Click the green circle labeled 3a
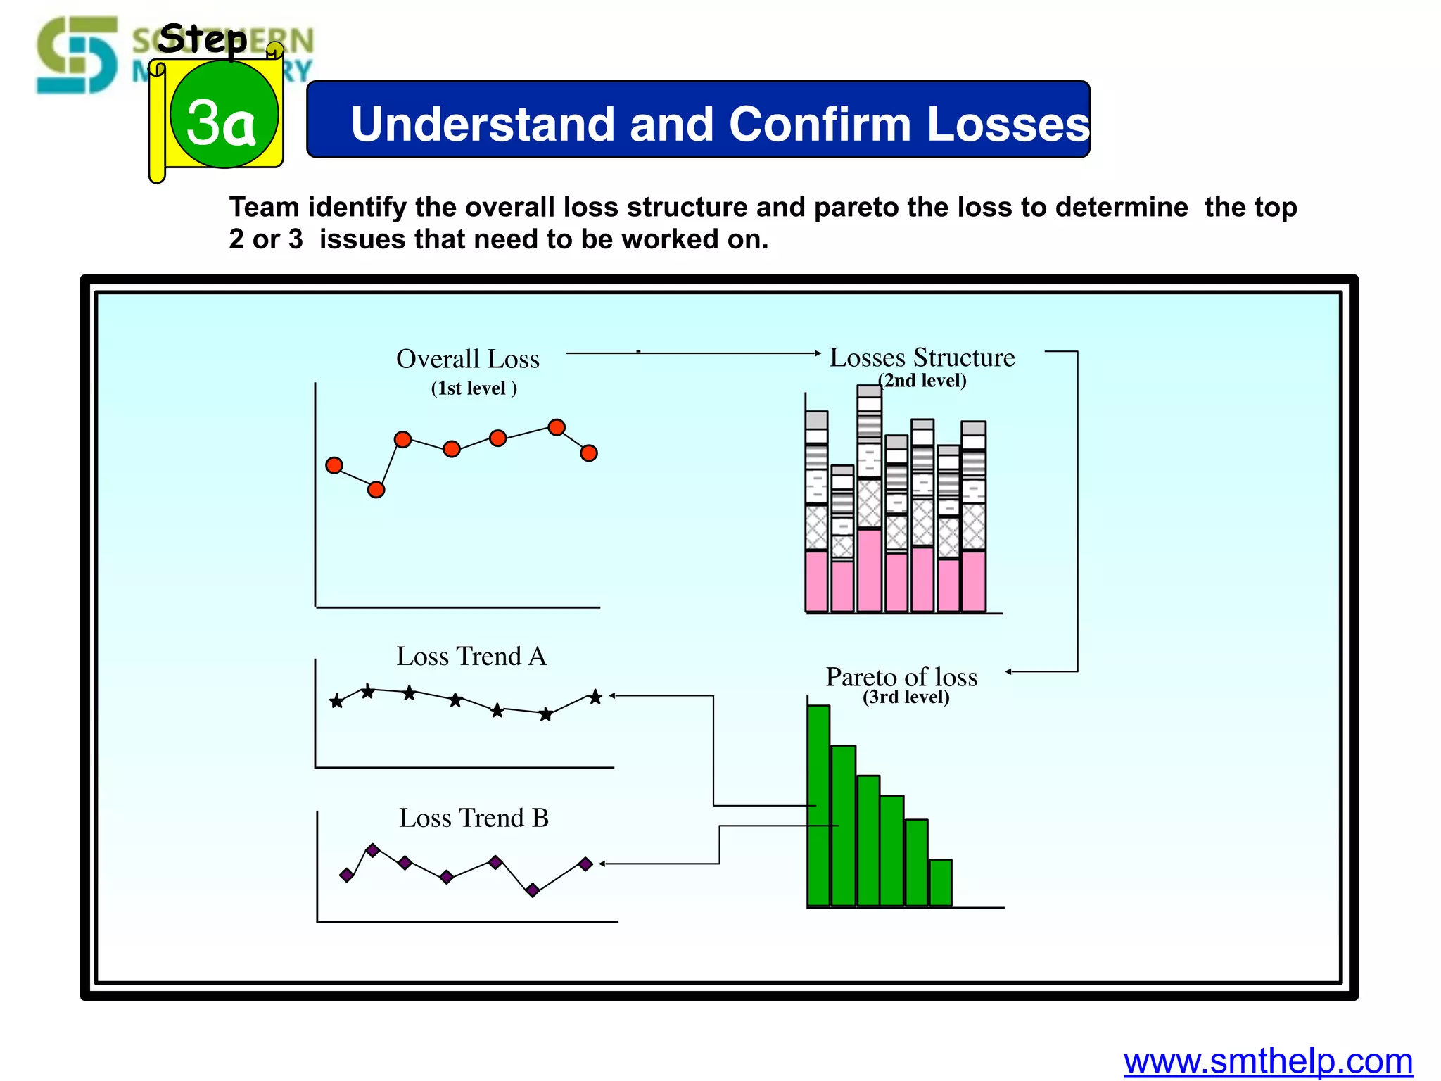(x=224, y=115)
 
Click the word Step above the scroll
(x=202, y=39)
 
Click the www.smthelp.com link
(x=1268, y=1061)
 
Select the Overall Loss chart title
(x=468, y=359)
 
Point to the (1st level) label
(x=474, y=388)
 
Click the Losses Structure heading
(x=922, y=358)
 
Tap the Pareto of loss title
(x=901, y=677)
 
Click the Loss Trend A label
(x=471, y=656)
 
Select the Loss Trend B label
(x=474, y=818)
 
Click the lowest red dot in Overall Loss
(x=376, y=489)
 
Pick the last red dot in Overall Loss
(x=589, y=453)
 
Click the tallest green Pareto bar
(x=818, y=806)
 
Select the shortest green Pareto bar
(x=940, y=883)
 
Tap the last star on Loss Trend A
(x=595, y=697)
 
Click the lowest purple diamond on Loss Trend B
(x=533, y=890)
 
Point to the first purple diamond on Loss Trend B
(x=346, y=875)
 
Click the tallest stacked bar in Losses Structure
(x=870, y=500)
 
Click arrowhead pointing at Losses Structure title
(x=817, y=353)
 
